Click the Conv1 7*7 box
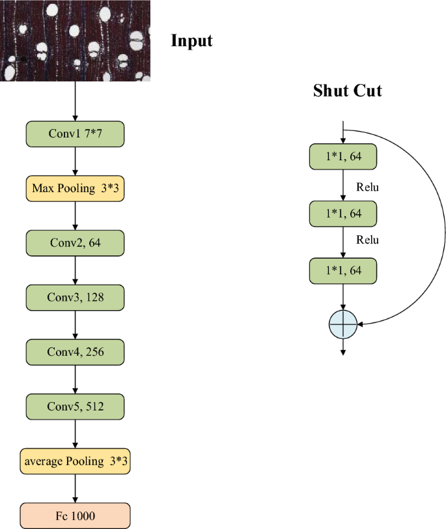click(x=75, y=134)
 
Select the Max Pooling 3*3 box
click(x=75, y=188)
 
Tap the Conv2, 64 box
click(x=75, y=243)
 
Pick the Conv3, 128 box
click(x=75, y=298)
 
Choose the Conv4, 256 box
click(x=75, y=352)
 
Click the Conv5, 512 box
click(x=75, y=407)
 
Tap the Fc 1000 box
click(x=75, y=516)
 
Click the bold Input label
click(x=191, y=41)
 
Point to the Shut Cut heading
click(x=347, y=91)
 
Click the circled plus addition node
click(x=343, y=323)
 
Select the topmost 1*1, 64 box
click(x=343, y=157)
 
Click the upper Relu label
click(x=368, y=188)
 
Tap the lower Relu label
click(x=368, y=240)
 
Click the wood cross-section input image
click(x=75, y=40)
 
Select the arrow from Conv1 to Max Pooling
click(x=76, y=161)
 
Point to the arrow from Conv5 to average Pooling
click(x=76, y=434)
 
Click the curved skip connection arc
click(x=445, y=228)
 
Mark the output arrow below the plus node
click(x=343, y=348)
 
